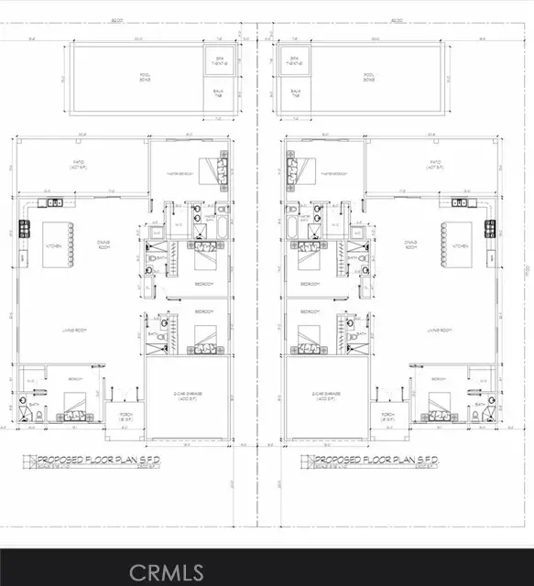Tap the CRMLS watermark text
166,573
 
